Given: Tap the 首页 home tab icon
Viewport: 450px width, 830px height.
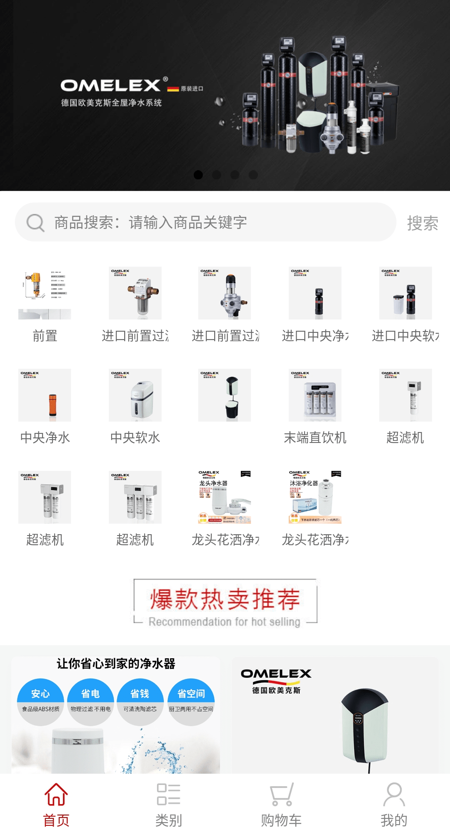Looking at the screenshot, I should click(56, 794).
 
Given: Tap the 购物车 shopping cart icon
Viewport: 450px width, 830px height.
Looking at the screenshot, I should click(281, 794).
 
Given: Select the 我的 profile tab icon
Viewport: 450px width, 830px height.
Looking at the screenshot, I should click(394, 794).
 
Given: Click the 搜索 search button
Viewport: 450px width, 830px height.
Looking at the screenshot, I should click(422, 223).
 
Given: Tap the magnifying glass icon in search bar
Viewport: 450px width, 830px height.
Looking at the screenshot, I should click(35, 223).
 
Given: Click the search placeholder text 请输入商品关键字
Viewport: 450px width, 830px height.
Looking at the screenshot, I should click(187, 223).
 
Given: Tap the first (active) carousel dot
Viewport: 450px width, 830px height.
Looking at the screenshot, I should click(198, 175).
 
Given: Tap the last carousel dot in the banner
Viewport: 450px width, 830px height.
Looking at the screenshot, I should click(253, 175).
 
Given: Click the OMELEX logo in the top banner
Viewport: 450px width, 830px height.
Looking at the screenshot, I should click(111, 86).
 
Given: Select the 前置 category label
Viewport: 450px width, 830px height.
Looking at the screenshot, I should click(45, 336).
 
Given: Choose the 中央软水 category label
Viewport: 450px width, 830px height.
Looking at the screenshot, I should click(135, 438).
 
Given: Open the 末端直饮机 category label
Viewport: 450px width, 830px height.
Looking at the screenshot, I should click(315, 438).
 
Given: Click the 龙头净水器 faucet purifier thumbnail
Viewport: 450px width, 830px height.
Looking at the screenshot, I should click(225, 497).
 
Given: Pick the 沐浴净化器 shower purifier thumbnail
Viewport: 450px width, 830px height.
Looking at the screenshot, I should click(315, 497).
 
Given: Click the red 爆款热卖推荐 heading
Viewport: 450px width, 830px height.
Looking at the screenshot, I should click(225, 599).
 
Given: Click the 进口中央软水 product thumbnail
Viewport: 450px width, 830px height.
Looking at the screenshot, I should click(405, 293).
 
